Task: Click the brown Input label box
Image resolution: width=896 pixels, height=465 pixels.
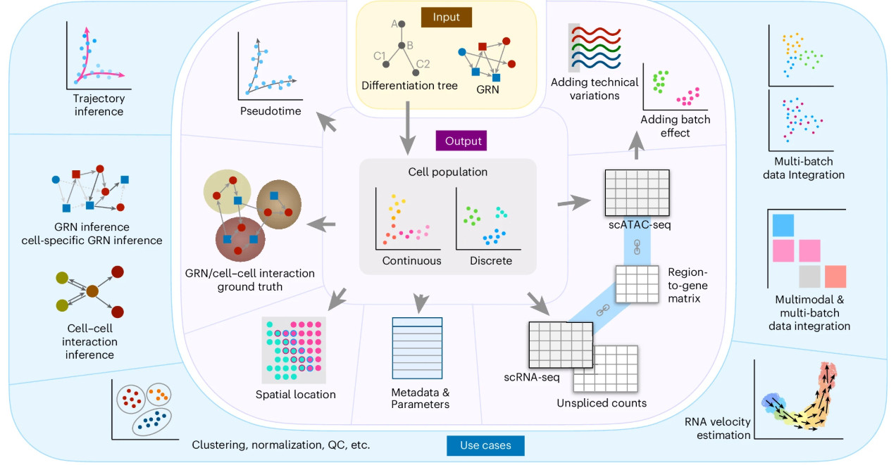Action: [x=446, y=17]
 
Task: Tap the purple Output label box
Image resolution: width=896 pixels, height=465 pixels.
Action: [x=461, y=141]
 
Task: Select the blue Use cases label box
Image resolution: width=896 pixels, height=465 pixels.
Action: [x=485, y=445]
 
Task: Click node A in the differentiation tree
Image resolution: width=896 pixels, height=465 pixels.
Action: [x=402, y=24]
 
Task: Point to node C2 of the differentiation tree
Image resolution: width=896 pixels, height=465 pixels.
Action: [x=416, y=72]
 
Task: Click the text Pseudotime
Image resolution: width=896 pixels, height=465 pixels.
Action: [x=270, y=111]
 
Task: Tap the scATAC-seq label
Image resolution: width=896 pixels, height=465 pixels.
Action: [x=639, y=225]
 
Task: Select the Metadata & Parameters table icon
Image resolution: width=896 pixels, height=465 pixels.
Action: [x=417, y=348]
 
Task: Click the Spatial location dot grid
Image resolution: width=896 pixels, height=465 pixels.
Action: [x=294, y=350]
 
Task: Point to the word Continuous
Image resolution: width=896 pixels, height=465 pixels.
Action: [x=411, y=261]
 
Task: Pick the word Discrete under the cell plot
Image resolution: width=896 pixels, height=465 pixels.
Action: [x=491, y=261]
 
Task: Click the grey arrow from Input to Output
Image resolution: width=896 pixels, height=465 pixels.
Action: [x=408, y=128]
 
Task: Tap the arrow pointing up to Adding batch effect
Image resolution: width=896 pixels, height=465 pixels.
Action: [x=636, y=146]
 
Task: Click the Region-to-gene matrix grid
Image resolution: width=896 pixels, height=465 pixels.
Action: [x=637, y=284]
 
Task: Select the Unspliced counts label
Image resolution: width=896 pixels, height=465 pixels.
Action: [x=602, y=403]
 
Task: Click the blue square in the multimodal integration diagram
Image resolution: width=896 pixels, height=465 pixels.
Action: [x=783, y=225]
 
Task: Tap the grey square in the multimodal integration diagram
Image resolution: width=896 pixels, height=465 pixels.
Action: [x=809, y=276]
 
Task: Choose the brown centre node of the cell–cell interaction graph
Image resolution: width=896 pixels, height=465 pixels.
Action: [x=92, y=291]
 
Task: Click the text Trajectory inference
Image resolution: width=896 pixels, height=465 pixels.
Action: [x=99, y=105]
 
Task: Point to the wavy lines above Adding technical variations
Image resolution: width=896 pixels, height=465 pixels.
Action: [x=596, y=48]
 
